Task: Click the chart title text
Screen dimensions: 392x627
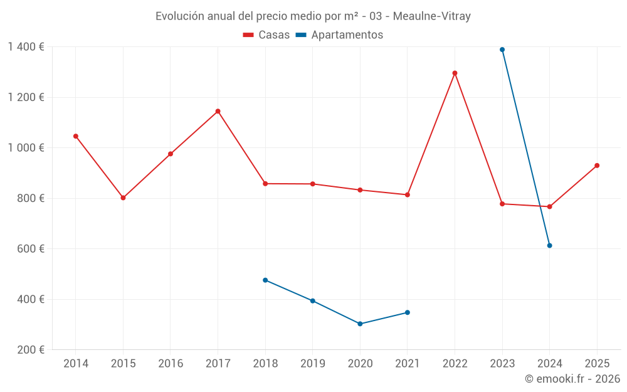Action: pos(313,16)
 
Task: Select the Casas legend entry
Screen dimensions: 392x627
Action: pos(266,35)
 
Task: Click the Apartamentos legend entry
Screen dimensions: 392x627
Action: pos(339,35)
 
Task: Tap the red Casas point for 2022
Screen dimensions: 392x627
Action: pos(455,73)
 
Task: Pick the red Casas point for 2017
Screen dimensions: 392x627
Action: pos(218,111)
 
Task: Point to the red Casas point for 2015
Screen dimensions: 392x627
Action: pos(123,198)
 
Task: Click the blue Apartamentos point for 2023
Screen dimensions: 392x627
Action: pos(502,50)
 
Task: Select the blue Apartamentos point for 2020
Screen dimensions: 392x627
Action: pos(360,324)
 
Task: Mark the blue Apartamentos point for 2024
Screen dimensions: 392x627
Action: pos(549,245)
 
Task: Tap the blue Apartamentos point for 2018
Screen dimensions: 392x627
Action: pos(265,280)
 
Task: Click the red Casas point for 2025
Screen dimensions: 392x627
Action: pos(597,166)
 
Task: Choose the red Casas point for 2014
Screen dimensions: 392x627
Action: pos(76,136)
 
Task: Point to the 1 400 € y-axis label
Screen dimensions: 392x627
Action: pos(26,47)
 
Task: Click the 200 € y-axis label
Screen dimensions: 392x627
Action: pos(29,350)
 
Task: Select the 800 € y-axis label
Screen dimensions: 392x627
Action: pos(29,198)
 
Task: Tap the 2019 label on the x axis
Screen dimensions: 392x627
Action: pos(312,364)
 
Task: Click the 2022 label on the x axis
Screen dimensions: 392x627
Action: pos(455,364)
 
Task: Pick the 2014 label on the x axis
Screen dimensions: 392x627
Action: pos(76,364)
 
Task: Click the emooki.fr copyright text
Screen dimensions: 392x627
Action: pos(572,379)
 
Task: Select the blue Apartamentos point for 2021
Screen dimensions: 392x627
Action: pos(407,312)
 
